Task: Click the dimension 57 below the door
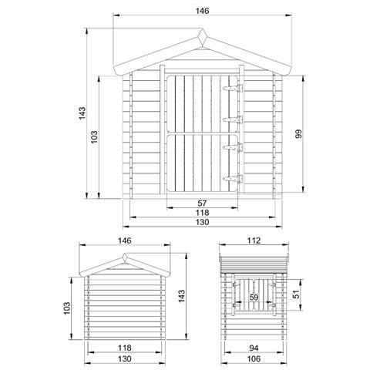point(203,203)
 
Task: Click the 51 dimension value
point(297,293)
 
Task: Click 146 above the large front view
point(203,12)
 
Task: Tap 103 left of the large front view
point(95,136)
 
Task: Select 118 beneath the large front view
point(203,214)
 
